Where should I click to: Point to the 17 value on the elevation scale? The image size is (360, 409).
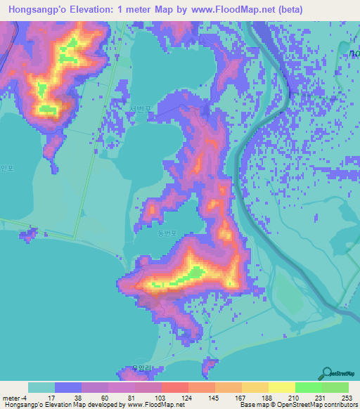pyautogui.click(x=41, y=397)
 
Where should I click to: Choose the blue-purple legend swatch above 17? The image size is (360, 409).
pyautogui.click(x=68, y=387)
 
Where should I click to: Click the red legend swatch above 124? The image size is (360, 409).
pyautogui.click(x=175, y=387)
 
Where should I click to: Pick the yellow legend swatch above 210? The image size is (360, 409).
pyautogui.click(x=282, y=387)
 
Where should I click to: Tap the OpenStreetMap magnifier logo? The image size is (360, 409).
pyautogui.click(x=327, y=374)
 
